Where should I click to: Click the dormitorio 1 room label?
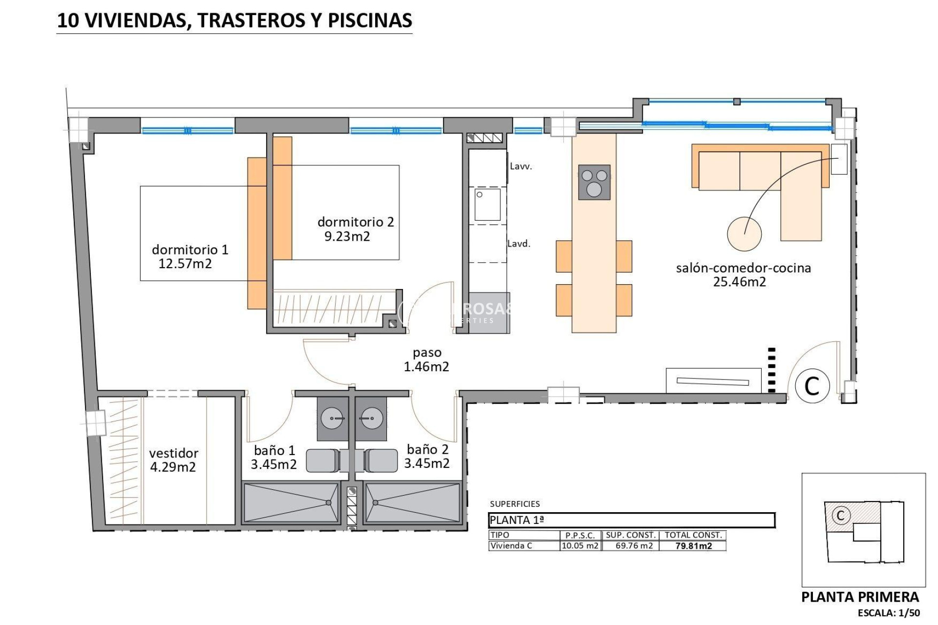click(x=190, y=250)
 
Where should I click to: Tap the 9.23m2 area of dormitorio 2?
click(x=347, y=237)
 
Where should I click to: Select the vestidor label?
click(x=173, y=453)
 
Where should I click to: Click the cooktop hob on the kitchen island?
click(x=594, y=182)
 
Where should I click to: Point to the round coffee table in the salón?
click(x=744, y=234)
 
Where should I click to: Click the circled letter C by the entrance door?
click(x=812, y=386)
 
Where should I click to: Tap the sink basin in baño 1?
click(x=332, y=418)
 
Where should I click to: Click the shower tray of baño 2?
click(x=412, y=502)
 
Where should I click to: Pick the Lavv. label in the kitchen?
click(x=521, y=167)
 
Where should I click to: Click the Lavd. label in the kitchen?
click(x=519, y=244)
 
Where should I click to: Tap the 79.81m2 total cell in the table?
click(x=693, y=546)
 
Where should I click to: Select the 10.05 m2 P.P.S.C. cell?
click(x=580, y=546)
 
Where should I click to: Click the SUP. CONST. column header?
click(x=631, y=535)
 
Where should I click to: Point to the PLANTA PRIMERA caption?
click(x=860, y=597)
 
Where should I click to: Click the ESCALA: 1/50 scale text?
click(x=889, y=613)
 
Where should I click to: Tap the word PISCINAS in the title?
click(x=370, y=20)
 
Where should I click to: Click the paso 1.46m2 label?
click(x=426, y=359)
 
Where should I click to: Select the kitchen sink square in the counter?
click(x=488, y=205)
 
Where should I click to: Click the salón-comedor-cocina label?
click(x=743, y=268)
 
